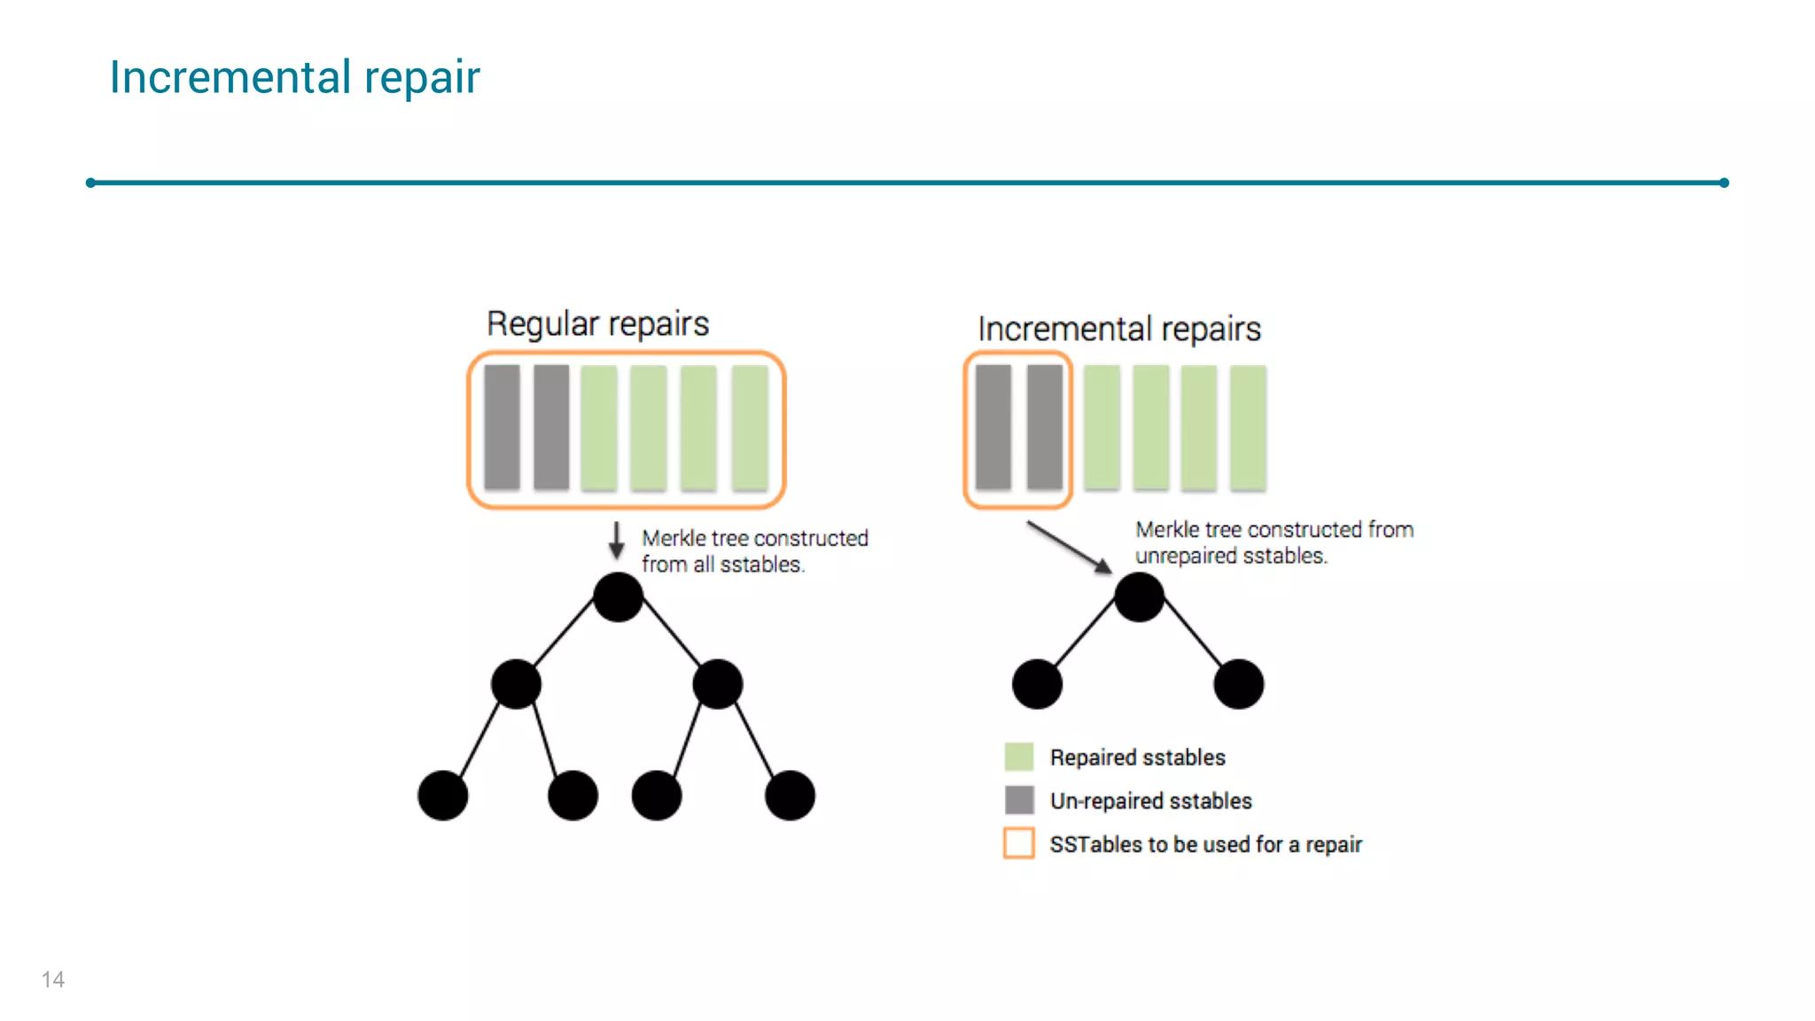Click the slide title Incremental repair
click(294, 77)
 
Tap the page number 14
click(52, 979)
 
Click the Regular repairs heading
click(597, 323)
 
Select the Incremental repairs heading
click(1118, 329)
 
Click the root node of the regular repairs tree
click(618, 596)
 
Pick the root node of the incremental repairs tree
click(1139, 596)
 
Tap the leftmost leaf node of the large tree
click(442, 795)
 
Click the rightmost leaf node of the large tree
click(790, 795)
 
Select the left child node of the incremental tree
click(1037, 683)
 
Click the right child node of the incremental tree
click(1238, 683)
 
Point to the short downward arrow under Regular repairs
click(616, 540)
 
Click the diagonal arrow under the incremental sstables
click(1069, 546)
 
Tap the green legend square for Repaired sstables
click(1019, 757)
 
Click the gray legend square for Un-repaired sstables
click(1019, 800)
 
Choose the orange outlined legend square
click(1019, 843)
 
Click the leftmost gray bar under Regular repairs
click(502, 427)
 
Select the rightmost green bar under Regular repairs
click(750, 427)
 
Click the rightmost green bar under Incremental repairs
click(1248, 427)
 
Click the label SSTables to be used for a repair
click(1205, 845)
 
